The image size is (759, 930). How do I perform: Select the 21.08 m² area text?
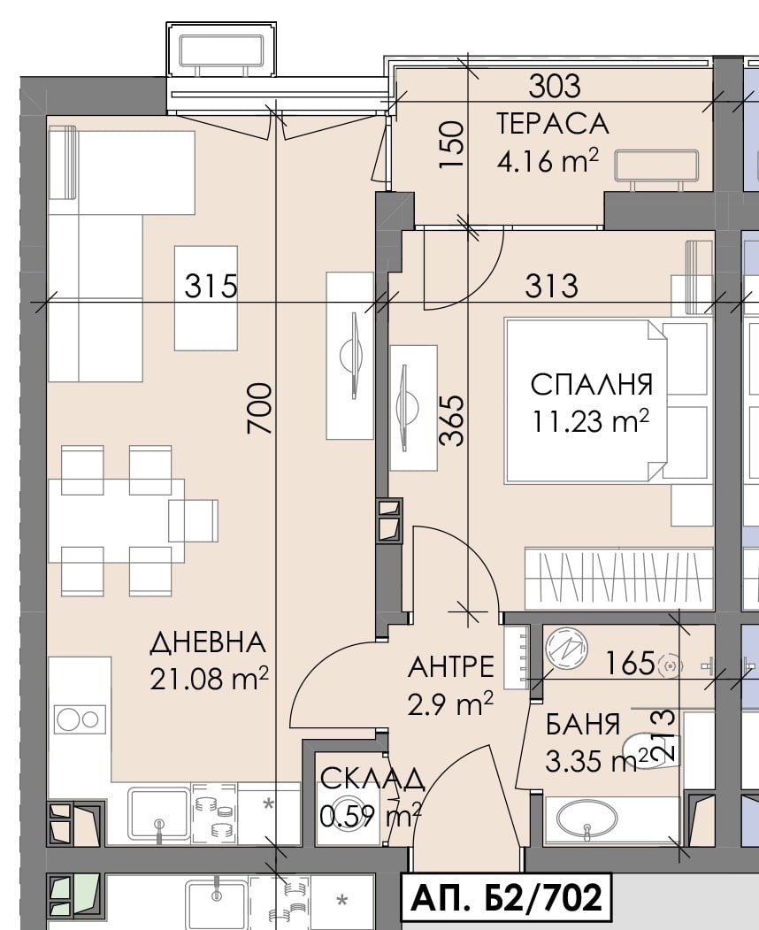(210, 679)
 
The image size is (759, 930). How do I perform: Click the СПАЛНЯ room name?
(591, 385)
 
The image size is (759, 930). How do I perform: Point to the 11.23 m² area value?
(591, 421)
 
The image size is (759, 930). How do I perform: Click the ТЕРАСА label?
(553, 123)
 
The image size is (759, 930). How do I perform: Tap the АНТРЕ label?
(451, 665)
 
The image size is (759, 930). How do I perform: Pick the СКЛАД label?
(372, 779)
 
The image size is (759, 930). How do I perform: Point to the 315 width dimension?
(211, 286)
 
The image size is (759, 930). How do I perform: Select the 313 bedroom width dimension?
(550, 286)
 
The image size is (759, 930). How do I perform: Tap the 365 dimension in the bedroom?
(452, 419)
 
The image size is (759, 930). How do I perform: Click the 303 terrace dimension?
(555, 86)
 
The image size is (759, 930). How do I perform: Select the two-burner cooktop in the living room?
(80, 719)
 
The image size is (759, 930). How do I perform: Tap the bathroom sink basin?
(586, 822)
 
